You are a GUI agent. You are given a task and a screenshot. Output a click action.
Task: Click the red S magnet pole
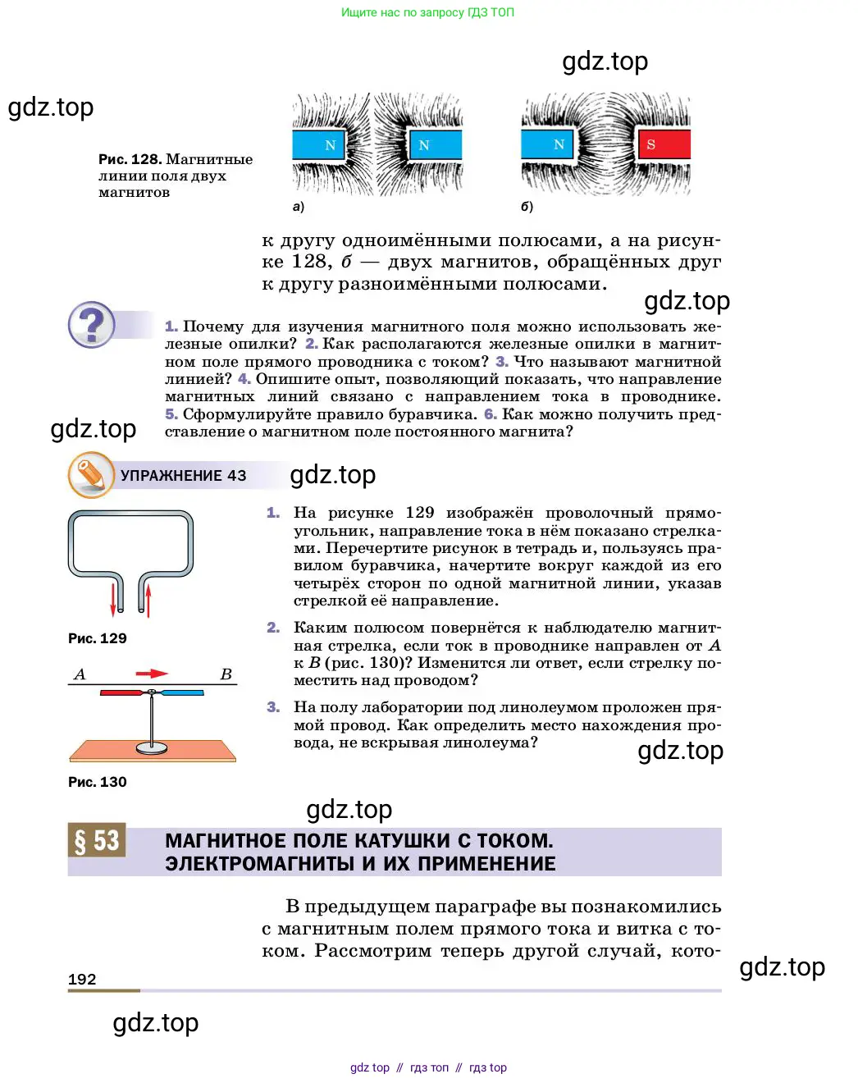(x=664, y=145)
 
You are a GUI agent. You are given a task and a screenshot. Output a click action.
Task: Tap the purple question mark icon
(x=91, y=325)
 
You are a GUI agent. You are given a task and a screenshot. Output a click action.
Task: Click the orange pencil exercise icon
(x=91, y=475)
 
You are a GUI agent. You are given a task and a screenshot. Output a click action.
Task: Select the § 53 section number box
(x=97, y=840)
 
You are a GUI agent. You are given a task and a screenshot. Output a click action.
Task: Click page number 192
(x=82, y=979)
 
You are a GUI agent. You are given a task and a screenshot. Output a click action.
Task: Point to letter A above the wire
(x=80, y=674)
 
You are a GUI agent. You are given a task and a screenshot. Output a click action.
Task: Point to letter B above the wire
(x=226, y=674)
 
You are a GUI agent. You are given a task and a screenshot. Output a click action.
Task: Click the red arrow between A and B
(x=152, y=674)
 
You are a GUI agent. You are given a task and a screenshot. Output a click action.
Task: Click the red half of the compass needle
(x=123, y=693)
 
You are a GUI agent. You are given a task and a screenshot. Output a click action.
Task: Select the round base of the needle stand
(x=152, y=747)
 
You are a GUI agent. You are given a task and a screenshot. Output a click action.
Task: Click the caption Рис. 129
(x=97, y=638)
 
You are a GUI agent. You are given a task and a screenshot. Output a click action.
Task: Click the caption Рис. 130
(x=97, y=782)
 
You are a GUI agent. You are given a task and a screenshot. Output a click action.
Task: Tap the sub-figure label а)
(x=299, y=207)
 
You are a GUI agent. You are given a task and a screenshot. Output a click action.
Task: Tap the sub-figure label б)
(x=527, y=207)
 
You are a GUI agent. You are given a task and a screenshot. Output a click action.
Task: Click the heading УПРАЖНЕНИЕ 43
(x=183, y=476)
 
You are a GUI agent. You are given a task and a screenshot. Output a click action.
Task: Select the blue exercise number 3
(x=273, y=707)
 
